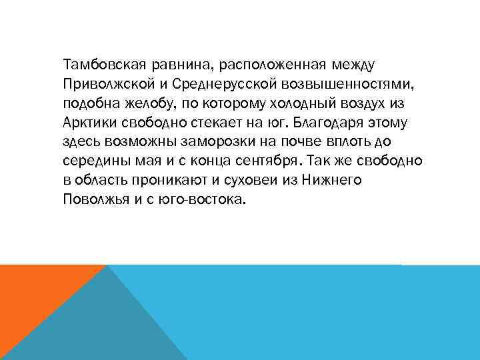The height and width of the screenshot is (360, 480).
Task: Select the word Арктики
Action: [x=87, y=124]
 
